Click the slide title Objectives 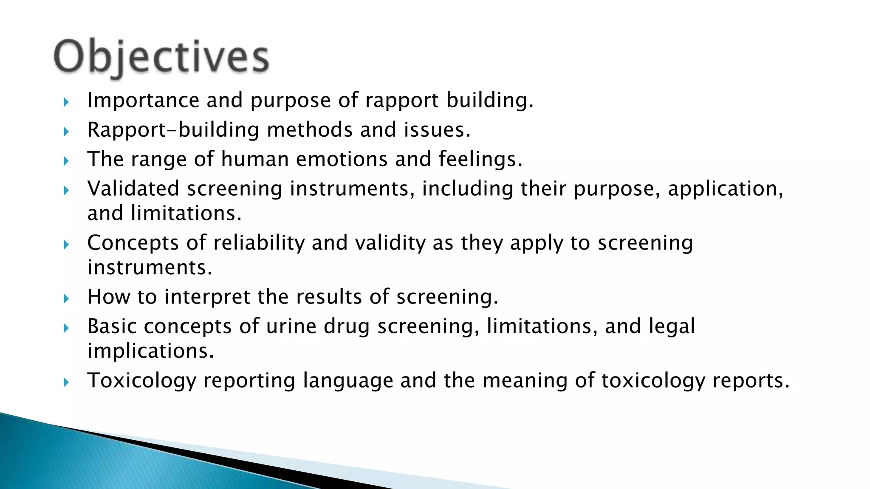161,57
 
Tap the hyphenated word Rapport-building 173,130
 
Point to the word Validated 133,188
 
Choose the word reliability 259,243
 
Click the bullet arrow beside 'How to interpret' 66,299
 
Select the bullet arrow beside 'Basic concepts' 66,328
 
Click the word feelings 480,160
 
